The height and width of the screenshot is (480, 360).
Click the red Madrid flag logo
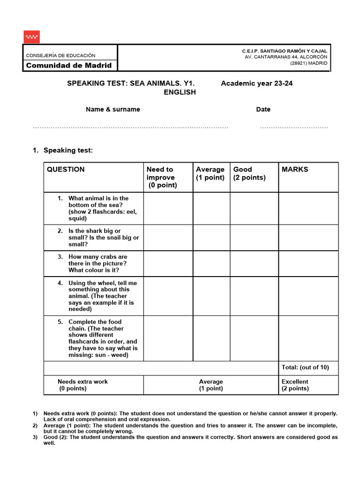(31, 37)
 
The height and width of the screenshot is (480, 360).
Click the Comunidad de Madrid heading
(69, 66)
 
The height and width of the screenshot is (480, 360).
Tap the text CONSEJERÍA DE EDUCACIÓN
(60, 55)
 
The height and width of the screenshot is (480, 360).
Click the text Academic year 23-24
(257, 83)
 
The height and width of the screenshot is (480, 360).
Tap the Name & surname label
(112, 109)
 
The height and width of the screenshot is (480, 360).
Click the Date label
(263, 109)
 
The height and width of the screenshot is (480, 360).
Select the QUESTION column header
(66, 170)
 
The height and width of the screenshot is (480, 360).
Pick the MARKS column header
(295, 170)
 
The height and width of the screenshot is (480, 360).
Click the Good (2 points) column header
(249, 173)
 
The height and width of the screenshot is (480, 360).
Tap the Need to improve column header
(161, 177)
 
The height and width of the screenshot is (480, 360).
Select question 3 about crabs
(98, 263)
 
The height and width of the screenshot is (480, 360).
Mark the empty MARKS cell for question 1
(308, 208)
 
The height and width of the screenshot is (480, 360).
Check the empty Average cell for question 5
(211, 338)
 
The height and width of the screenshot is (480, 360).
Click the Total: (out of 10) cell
(305, 367)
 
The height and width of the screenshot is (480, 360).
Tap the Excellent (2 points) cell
(295, 385)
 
